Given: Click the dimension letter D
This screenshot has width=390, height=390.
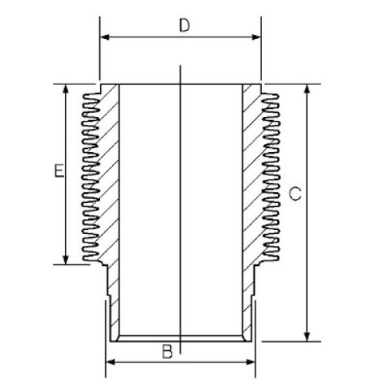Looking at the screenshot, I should tap(185, 26).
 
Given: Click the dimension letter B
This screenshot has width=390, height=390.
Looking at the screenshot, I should tap(167, 352).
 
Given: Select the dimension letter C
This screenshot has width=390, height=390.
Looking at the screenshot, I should tap(294, 194).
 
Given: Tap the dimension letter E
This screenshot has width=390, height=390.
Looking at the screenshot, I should tap(58, 171).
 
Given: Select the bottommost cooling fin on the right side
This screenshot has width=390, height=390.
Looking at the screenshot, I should tap(272, 253).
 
